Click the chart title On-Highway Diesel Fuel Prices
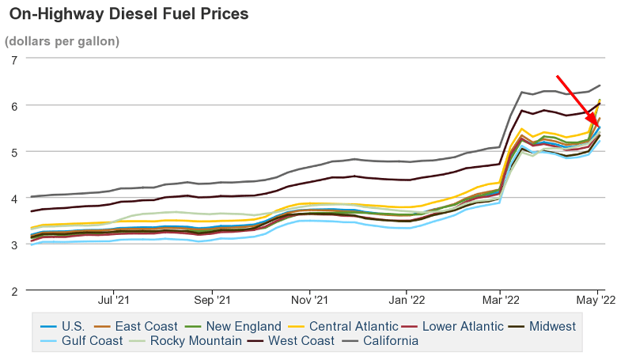click(x=128, y=14)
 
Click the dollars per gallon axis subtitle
click(x=62, y=40)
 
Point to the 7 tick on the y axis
click(x=14, y=59)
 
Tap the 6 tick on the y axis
click(x=14, y=105)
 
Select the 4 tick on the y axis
click(x=14, y=198)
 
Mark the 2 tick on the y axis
click(x=14, y=290)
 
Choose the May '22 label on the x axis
click(x=599, y=301)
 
